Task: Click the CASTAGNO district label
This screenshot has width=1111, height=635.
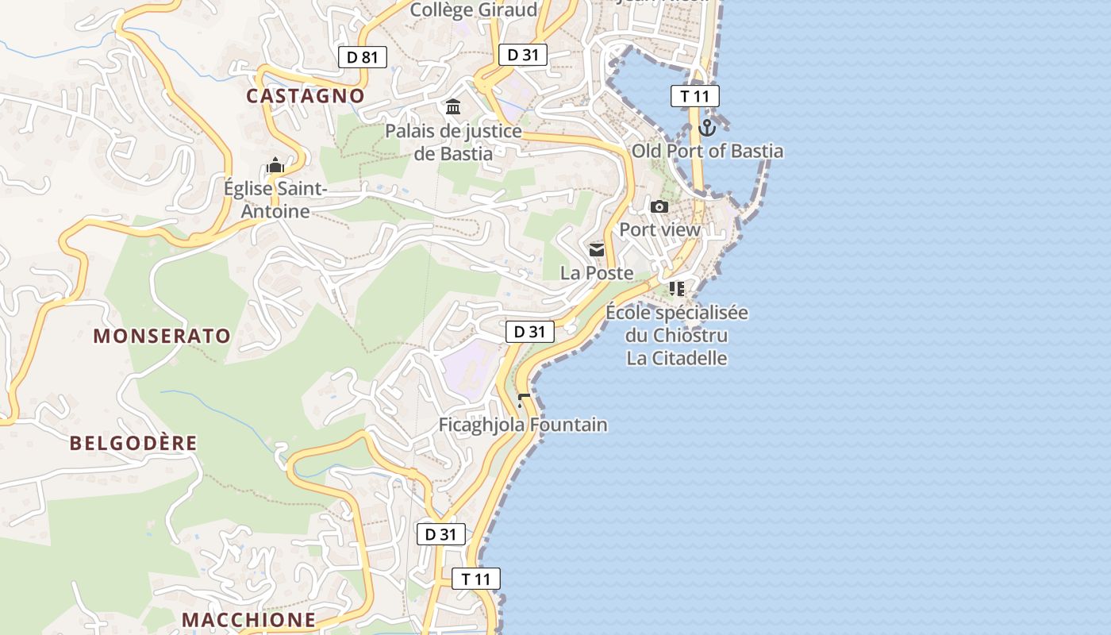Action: [306, 96]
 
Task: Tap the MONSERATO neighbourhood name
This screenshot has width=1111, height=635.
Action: [162, 336]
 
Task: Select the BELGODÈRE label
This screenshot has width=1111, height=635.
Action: [133, 443]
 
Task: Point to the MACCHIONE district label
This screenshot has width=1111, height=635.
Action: [248, 619]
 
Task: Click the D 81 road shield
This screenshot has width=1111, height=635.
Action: [363, 57]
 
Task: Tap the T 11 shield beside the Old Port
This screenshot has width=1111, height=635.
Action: [694, 97]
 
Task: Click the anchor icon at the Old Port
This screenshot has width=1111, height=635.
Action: [707, 127]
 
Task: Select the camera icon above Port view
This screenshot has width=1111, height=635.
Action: [659, 207]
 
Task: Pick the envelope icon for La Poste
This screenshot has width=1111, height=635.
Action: [596, 250]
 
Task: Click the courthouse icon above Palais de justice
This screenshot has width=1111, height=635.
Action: [453, 106]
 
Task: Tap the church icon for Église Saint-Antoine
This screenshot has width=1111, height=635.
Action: [275, 166]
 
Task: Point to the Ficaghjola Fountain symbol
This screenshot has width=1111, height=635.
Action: [523, 401]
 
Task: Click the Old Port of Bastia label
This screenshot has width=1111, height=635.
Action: [707, 151]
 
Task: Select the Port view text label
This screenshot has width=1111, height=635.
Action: [659, 230]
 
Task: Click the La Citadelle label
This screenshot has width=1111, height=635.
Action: [677, 358]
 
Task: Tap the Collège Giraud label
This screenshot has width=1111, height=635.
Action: [474, 10]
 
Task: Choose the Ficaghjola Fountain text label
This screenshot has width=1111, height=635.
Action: [523, 425]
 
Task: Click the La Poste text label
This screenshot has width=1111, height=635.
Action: [597, 273]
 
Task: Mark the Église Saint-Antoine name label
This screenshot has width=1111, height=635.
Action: [275, 200]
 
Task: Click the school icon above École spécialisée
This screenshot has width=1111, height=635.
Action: [676, 289]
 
